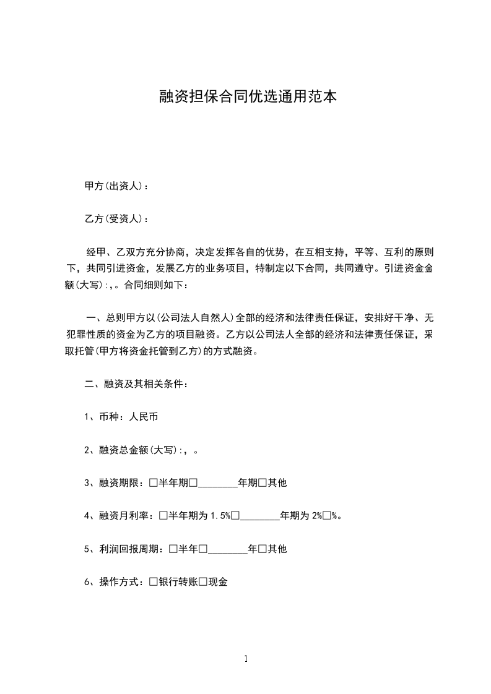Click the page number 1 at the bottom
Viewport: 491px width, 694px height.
click(x=246, y=659)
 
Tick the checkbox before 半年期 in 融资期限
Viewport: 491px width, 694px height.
click(x=154, y=482)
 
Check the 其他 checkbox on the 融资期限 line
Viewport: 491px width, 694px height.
click(x=262, y=482)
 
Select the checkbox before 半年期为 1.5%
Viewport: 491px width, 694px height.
click(x=163, y=515)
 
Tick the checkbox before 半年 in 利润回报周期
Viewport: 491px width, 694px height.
click(x=173, y=549)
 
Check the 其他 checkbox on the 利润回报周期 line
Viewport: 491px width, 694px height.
click(x=262, y=549)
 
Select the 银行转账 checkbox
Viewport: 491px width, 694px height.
click(x=154, y=581)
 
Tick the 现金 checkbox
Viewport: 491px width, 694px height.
click(x=202, y=581)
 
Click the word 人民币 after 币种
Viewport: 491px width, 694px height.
click(x=143, y=417)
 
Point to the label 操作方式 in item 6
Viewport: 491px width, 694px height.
click(x=119, y=581)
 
